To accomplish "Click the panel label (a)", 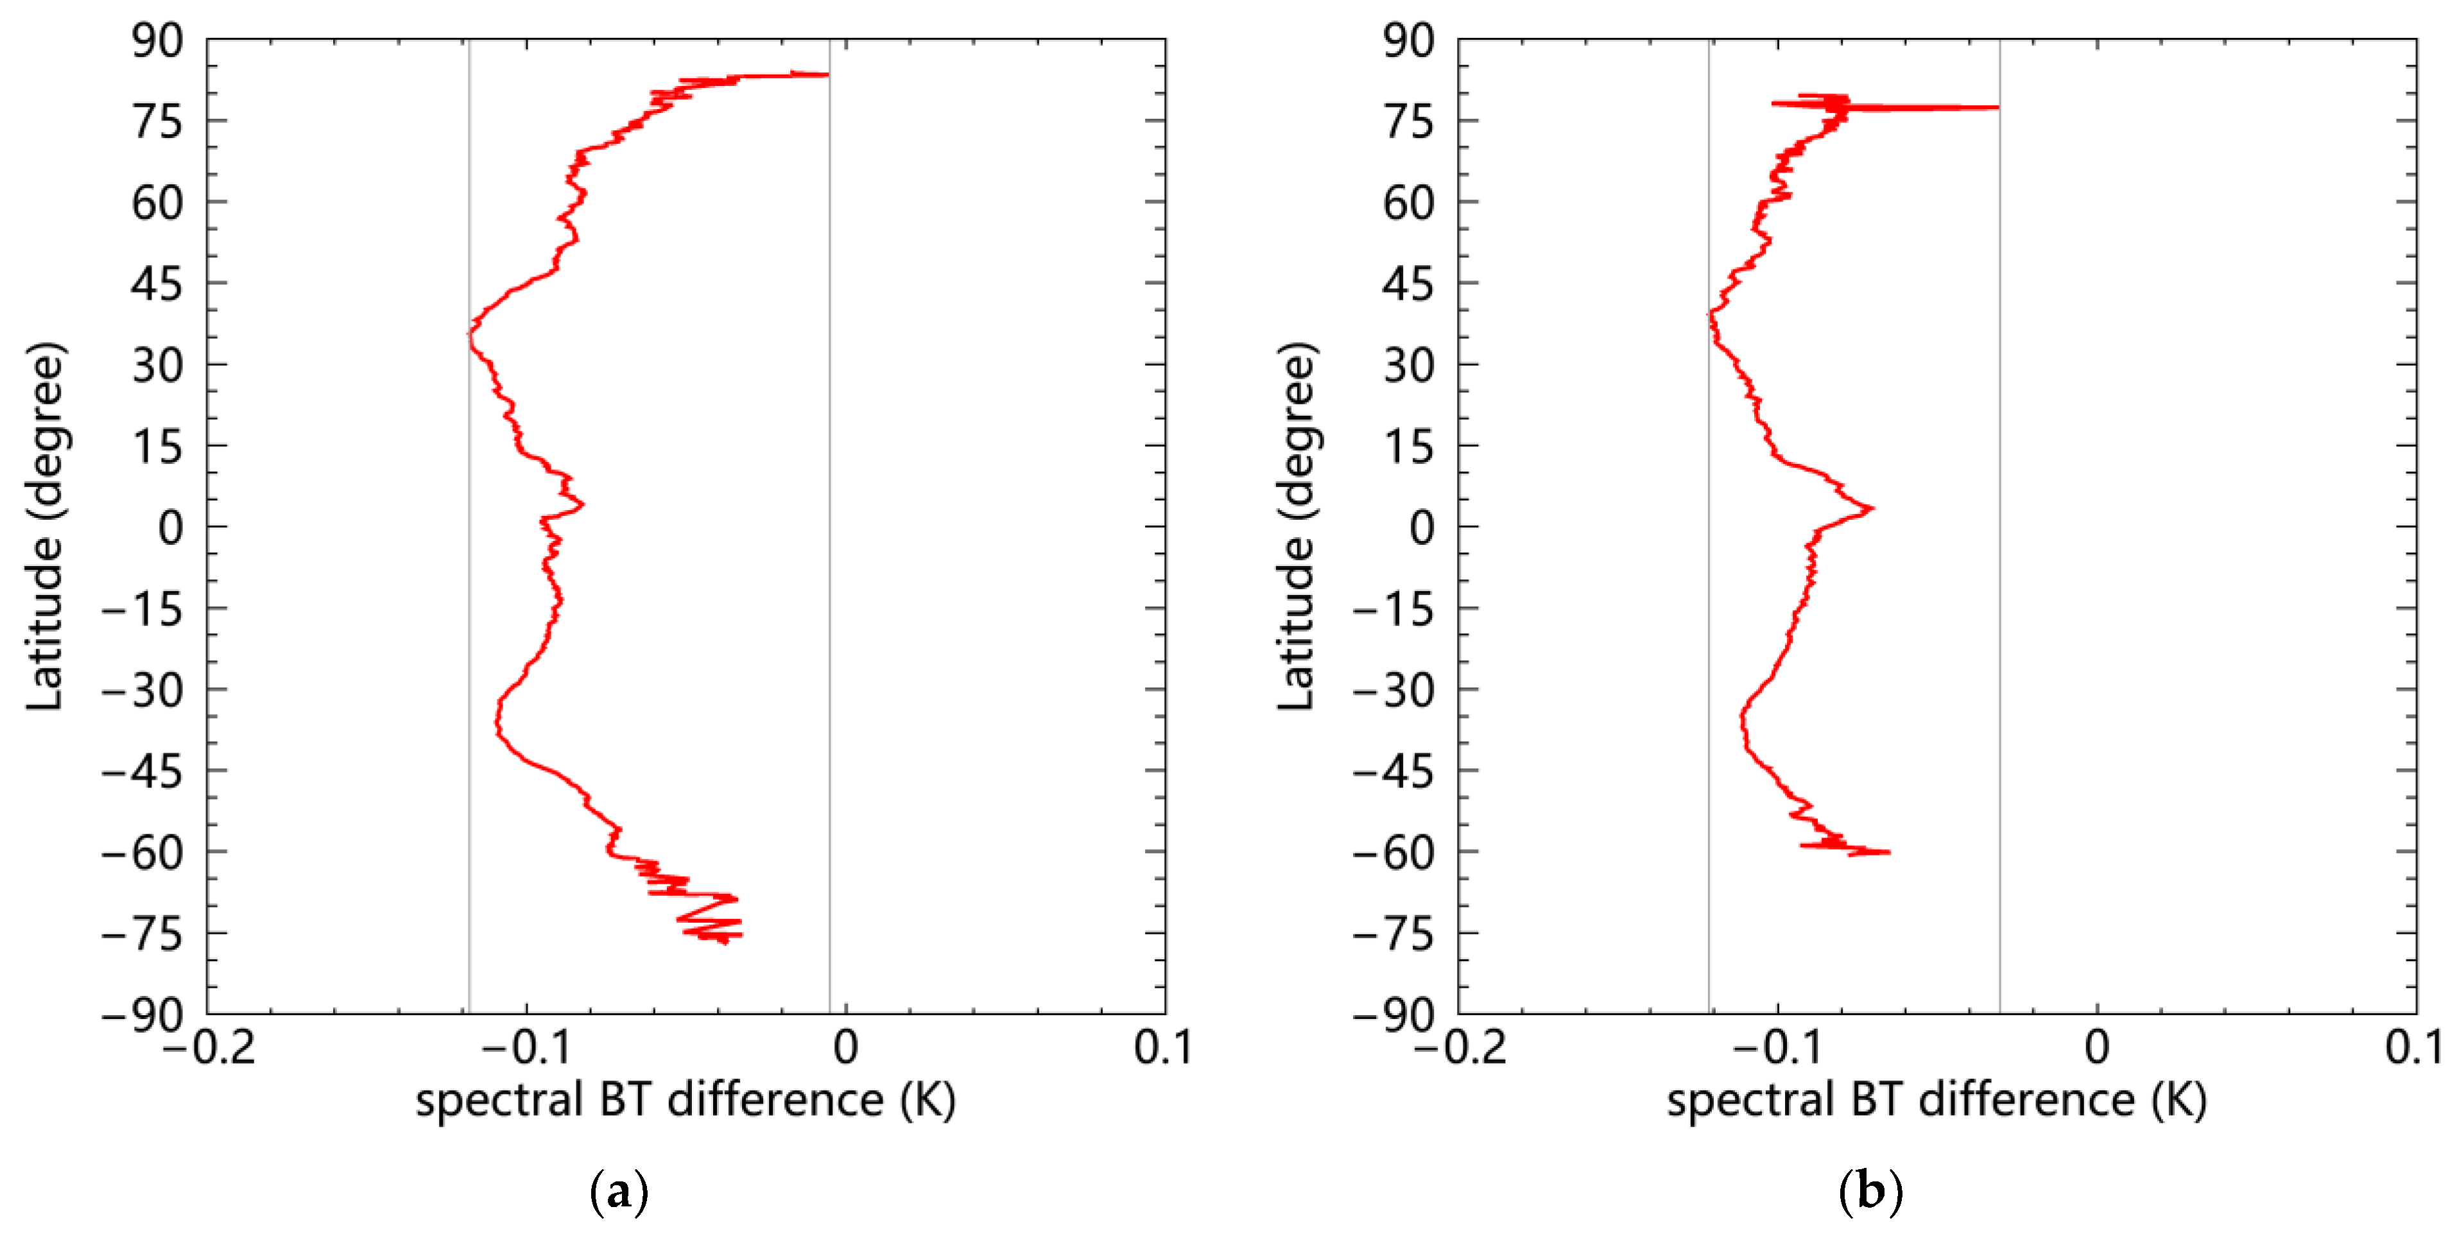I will click(619, 1191).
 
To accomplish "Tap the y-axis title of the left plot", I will click(45, 526).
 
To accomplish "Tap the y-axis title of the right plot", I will click(1295, 526).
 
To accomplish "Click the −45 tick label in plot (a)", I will click(142, 772).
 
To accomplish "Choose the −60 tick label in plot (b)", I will click(1394, 853).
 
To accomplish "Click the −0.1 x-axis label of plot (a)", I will click(526, 1048).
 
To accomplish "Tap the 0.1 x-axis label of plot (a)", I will click(1163, 1048).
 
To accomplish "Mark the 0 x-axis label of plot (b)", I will click(2097, 1048).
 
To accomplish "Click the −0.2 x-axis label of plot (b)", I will click(1460, 1048).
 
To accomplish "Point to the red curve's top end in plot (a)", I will click(827, 74).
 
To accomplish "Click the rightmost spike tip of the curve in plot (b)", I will click(1997, 107).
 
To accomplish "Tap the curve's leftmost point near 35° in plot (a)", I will click(469, 334).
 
